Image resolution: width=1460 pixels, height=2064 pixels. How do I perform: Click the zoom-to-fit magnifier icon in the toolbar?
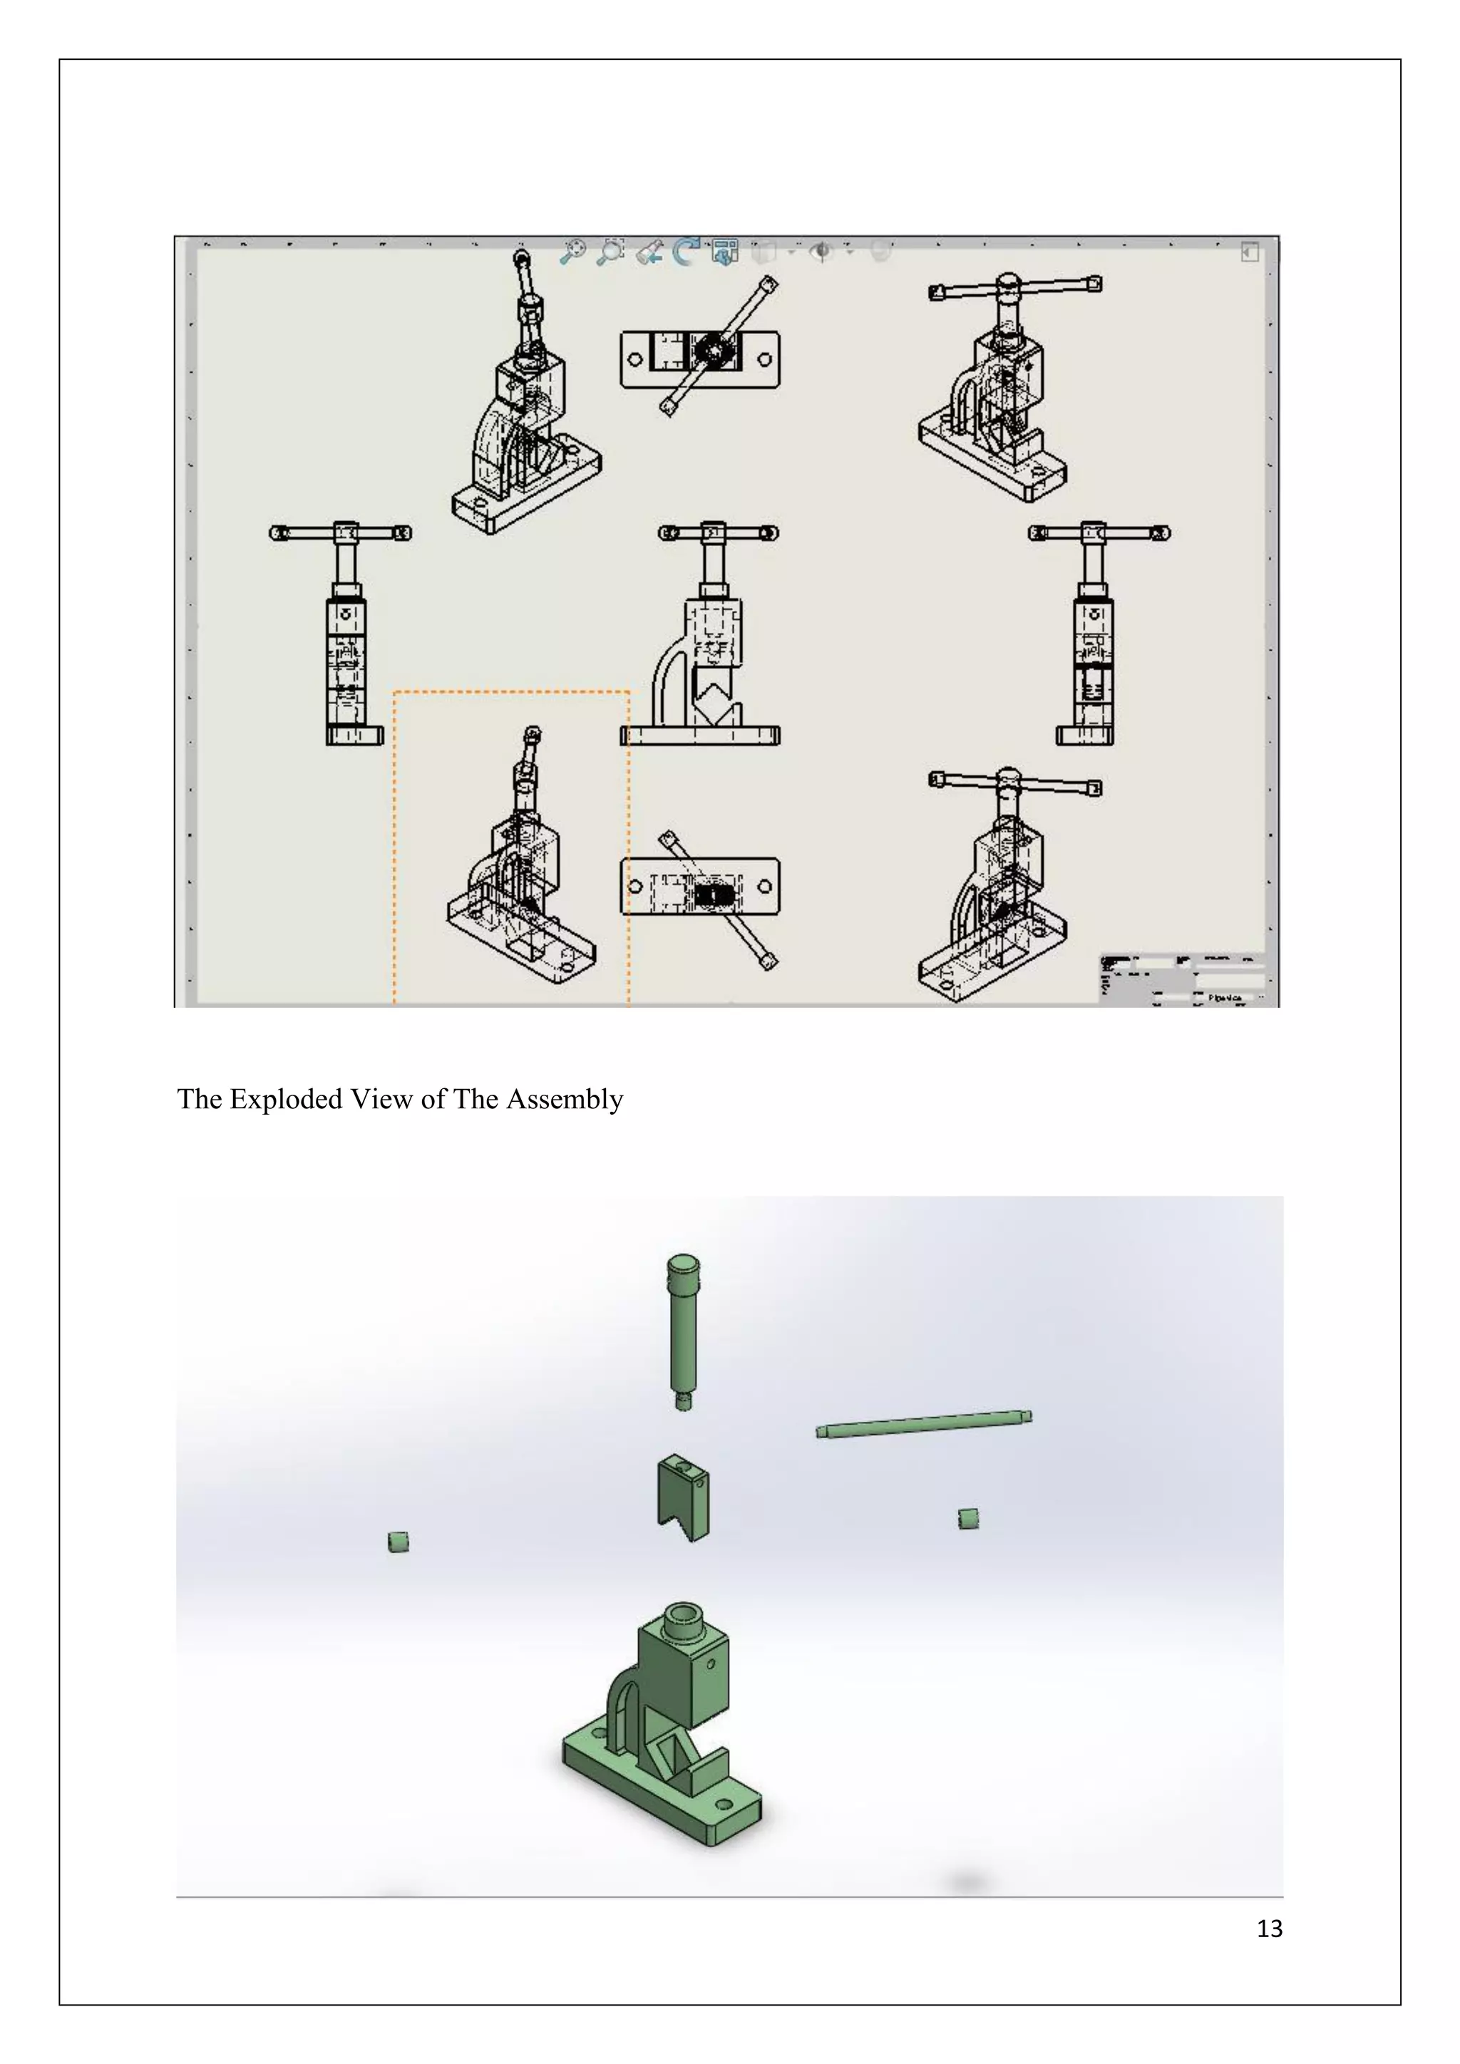572,251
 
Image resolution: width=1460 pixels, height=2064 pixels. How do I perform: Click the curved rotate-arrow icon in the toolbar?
687,252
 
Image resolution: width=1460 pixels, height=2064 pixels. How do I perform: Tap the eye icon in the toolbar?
820,252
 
